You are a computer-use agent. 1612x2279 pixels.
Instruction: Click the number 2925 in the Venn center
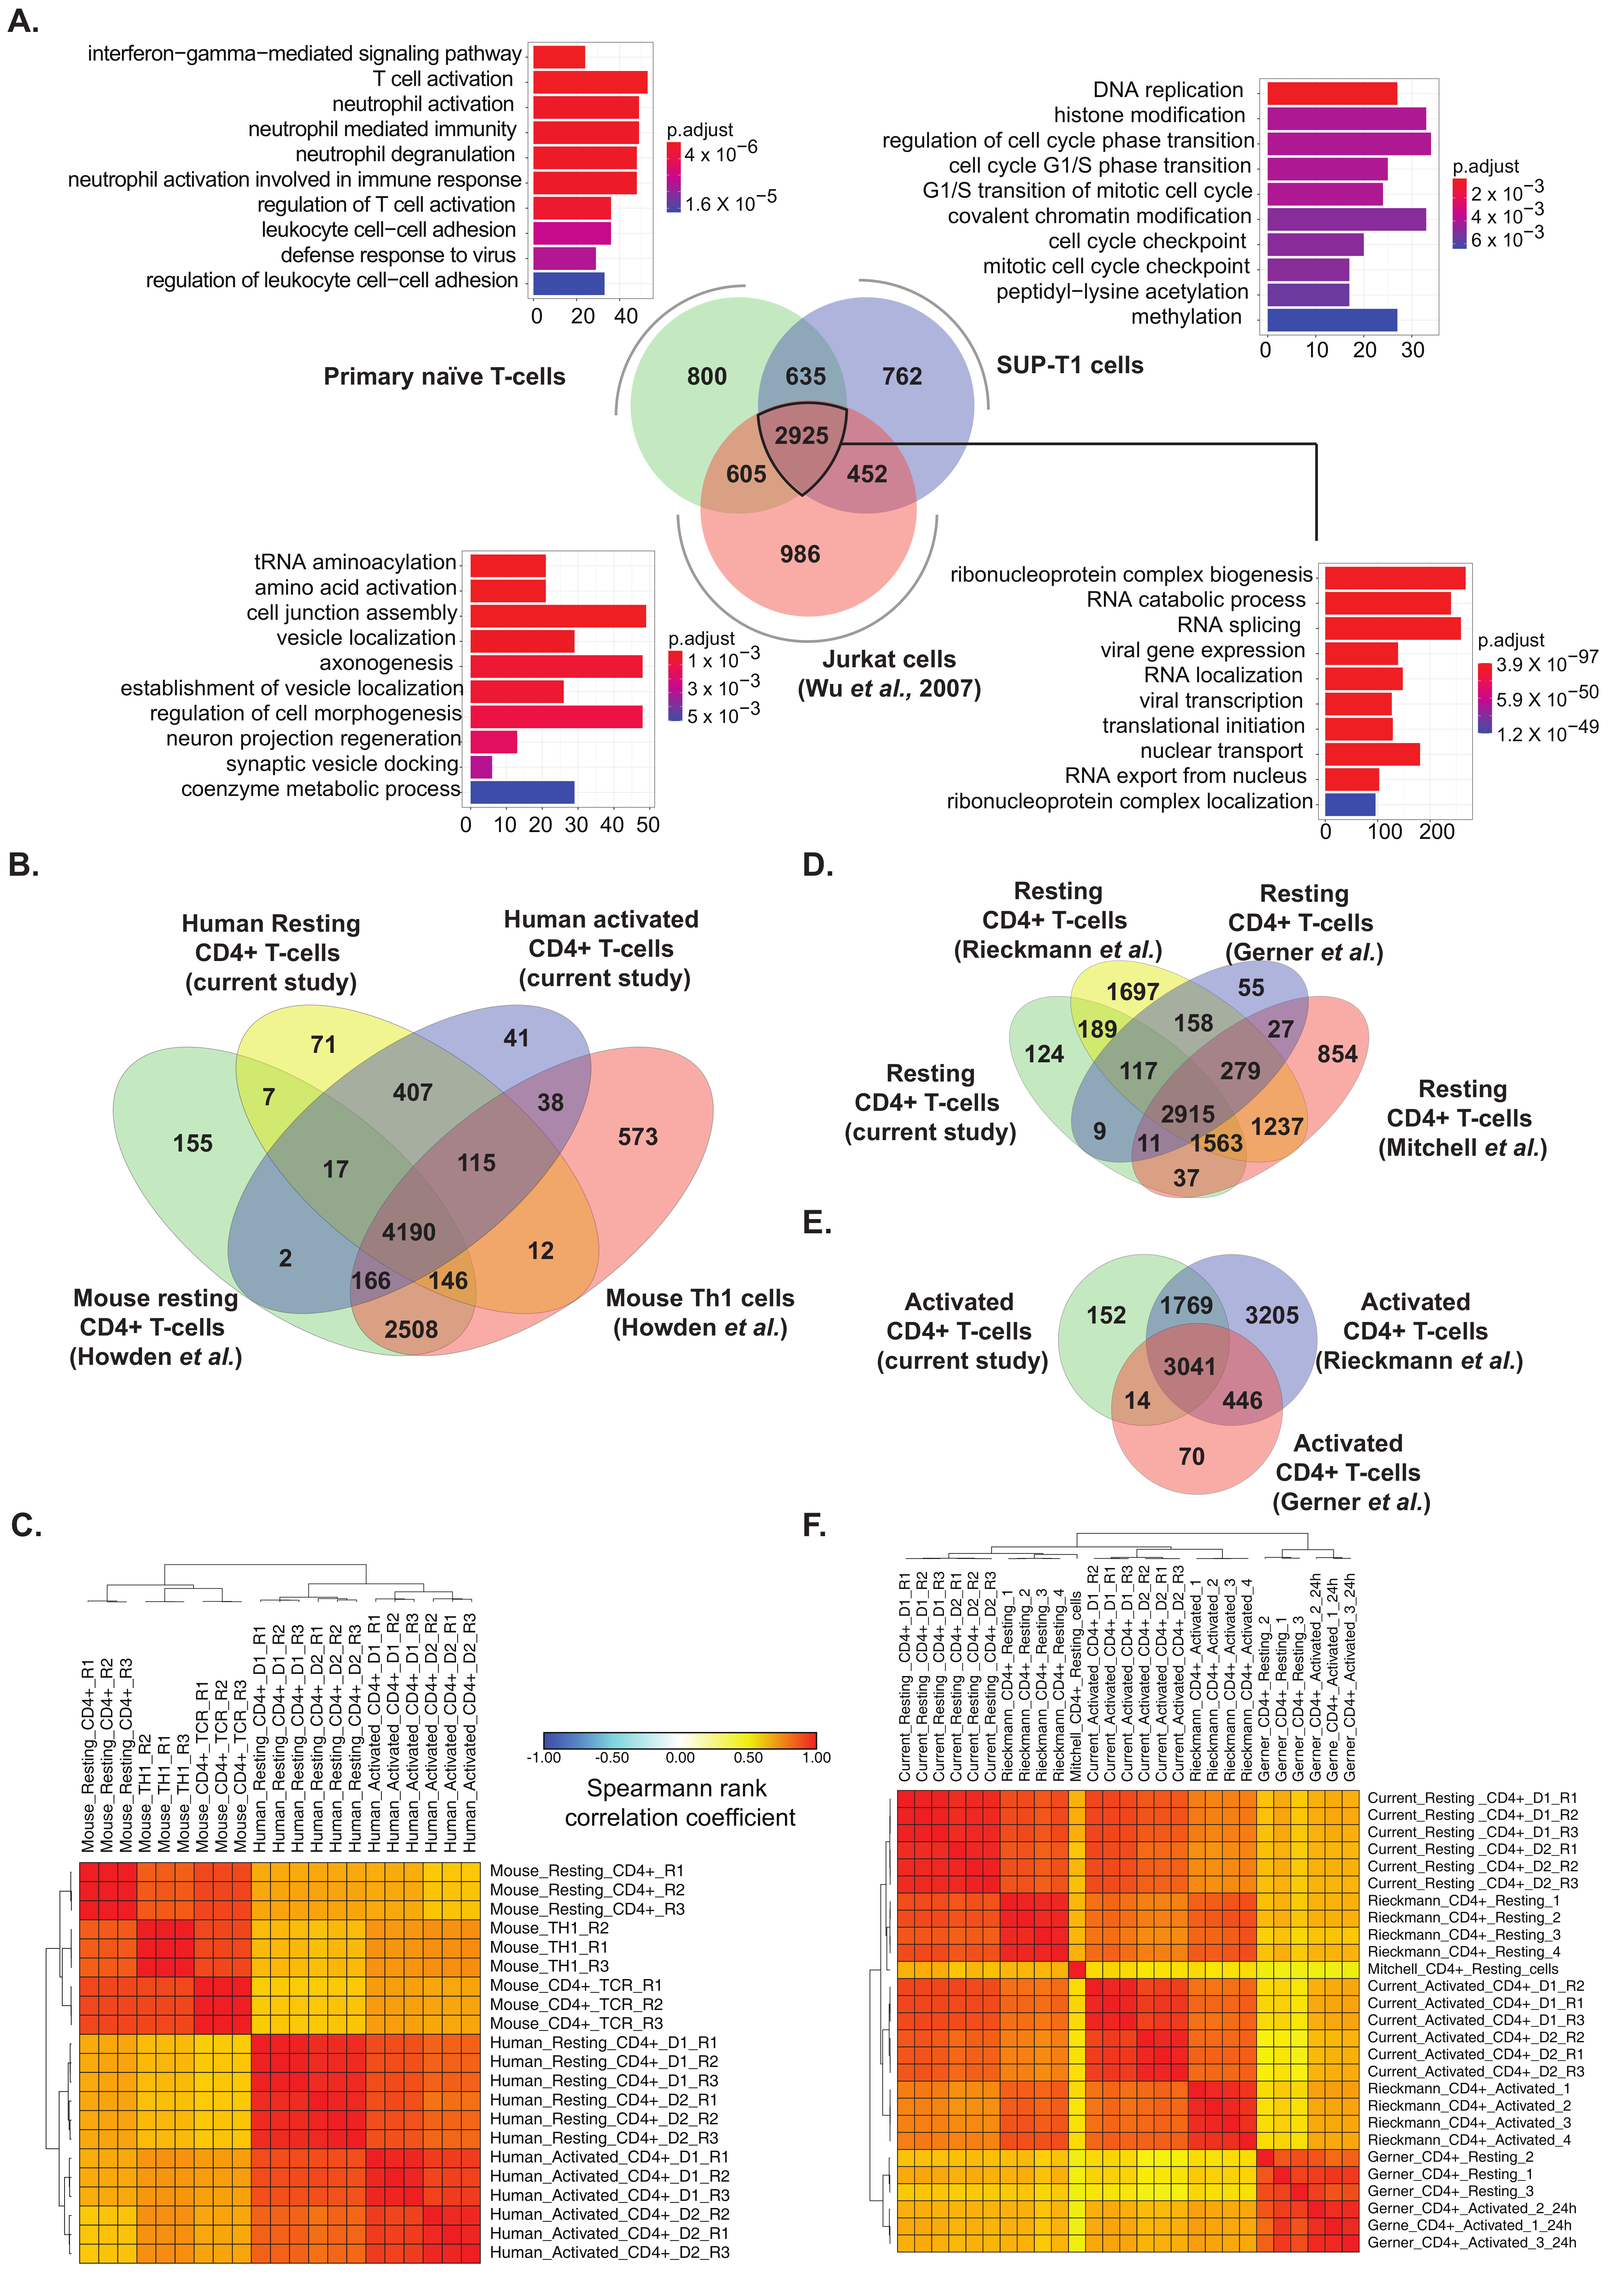click(801, 436)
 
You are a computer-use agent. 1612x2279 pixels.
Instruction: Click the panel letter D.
click(817, 866)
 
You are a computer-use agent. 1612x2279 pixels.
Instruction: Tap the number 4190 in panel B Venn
click(409, 1232)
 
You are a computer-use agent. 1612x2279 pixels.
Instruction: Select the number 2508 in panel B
click(411, 1329)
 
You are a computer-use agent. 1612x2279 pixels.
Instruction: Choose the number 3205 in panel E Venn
click(1272, 1315)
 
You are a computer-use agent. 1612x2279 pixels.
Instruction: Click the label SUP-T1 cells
click(1069, 365)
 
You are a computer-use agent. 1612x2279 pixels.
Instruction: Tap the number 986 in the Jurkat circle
click(800, 554)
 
